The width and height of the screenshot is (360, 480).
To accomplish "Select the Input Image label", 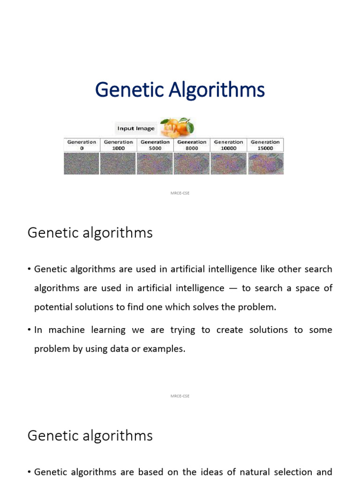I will [136, 128].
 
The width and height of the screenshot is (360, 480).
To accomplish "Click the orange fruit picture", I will [177, 127].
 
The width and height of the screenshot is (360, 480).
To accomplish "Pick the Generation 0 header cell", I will [82, 145].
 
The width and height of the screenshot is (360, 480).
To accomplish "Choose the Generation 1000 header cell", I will [118, 145].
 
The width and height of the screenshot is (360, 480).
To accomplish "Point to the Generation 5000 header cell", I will [155, 145].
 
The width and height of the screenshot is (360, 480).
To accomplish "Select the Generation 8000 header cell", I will [192, 145].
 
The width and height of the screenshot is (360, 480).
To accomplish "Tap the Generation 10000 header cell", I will [228, 145].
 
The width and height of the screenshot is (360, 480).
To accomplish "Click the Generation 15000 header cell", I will [265, 145].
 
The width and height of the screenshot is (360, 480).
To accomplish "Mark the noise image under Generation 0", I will [82, 164].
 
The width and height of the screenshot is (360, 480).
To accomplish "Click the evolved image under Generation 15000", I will [265, 164].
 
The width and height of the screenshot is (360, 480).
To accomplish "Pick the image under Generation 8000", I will [192, 164].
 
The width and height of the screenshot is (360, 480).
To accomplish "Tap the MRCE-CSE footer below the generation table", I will [180, 193].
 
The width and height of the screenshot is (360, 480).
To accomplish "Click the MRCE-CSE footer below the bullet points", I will [180, 396].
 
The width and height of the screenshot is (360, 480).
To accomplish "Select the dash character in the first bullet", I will [233, 288].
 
